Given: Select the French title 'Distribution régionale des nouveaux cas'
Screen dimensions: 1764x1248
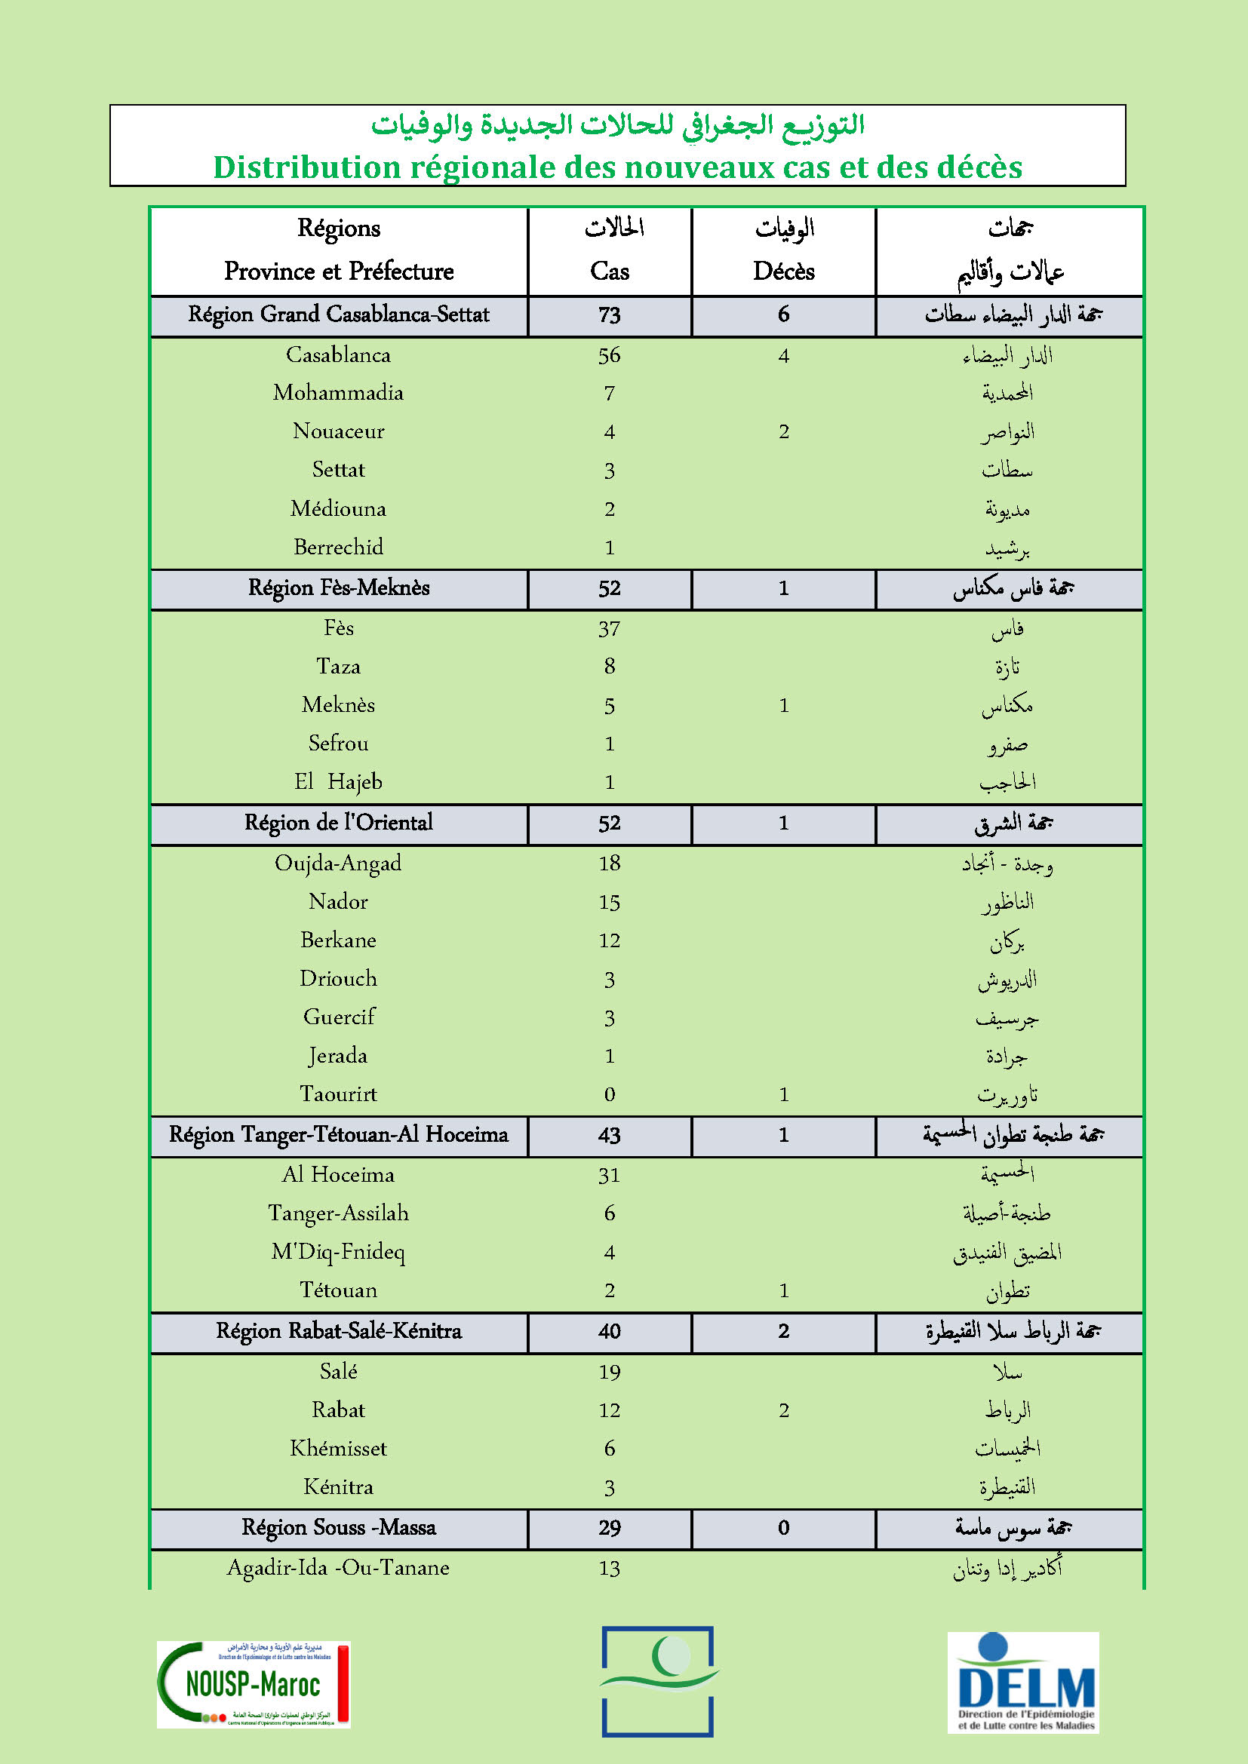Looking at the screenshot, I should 617,167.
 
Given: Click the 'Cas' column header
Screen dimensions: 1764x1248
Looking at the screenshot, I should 610,272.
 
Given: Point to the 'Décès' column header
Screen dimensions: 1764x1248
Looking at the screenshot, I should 783,272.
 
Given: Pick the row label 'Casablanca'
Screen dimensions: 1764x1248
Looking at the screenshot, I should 338,355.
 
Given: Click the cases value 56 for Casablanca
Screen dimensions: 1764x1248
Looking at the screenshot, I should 610,356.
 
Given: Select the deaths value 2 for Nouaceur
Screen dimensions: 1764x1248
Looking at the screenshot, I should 783,432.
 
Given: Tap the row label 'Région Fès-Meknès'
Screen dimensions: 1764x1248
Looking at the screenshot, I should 338,588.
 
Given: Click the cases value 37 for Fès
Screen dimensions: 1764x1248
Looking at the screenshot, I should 610,629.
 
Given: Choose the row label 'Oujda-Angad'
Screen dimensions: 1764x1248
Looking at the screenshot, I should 338,864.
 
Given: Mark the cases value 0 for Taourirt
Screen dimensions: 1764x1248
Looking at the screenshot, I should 610,1094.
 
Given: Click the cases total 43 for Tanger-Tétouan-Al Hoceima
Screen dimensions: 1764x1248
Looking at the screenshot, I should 610,1136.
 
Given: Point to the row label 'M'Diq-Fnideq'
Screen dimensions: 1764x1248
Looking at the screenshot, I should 338,1252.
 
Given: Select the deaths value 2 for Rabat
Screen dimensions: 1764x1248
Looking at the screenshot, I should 783,1410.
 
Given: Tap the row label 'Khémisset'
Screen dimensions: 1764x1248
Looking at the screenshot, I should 338,1448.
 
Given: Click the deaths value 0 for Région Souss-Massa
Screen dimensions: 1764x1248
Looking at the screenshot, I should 783,1527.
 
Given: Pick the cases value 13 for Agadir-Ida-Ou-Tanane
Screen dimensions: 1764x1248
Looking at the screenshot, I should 610,1568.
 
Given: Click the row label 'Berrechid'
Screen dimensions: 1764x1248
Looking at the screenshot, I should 338,547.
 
